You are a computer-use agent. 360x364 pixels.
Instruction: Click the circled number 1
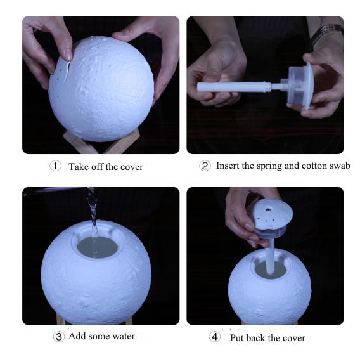(55, 166)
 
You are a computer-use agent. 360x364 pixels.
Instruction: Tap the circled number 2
(205, 166)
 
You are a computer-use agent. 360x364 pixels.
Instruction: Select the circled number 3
(59, 336)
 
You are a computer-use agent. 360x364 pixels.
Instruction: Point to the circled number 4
(215, 337)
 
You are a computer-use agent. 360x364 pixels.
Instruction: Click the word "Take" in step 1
(79, 167)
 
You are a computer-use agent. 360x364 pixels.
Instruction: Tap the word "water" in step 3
(124, 336)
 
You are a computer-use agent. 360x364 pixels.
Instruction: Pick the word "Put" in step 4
(237, 338)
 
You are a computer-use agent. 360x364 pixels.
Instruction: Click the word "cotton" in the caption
(314, 166)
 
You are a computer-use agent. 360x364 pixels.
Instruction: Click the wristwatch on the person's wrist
(326, 35)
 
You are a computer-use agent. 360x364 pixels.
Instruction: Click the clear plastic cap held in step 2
(300, 86)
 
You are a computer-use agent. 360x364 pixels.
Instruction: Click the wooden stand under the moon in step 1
(101, 142)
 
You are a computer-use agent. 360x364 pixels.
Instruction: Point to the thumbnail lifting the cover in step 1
(68, 55)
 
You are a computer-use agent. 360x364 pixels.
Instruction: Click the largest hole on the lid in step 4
(268, 210)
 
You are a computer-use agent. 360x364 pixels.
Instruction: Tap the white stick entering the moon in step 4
(271, 256)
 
